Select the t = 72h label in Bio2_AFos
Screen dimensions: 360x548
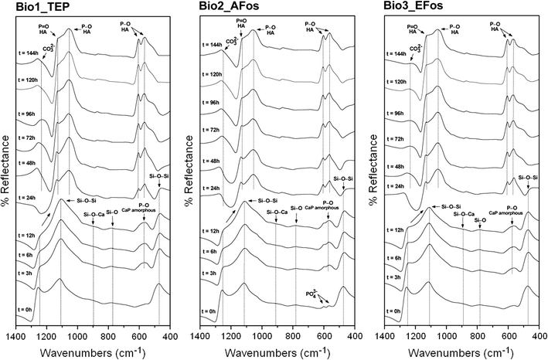(215, 142)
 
